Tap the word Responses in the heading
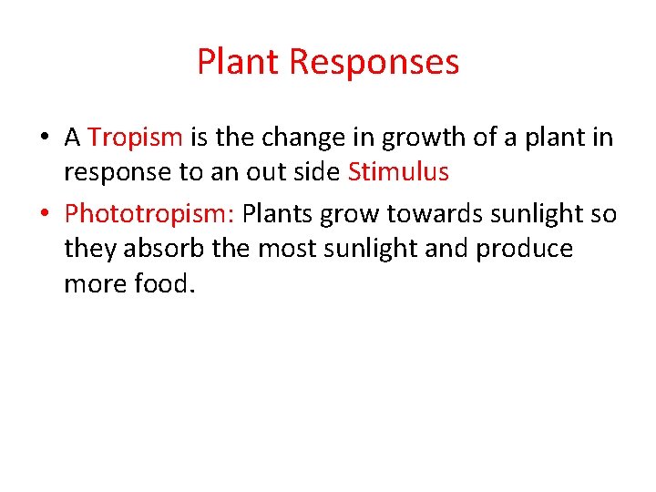(x=374, y=62)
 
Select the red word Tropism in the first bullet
(x=136, y=138)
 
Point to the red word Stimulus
(x=398, y=173)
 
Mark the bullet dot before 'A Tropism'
(x=45, y=138)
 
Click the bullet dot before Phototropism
(x=45, y=214)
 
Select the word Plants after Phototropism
(x=277, y=213)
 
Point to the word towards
(x=433, y=213)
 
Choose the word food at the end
(x=164, y=284)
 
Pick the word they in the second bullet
(x=87, y=249)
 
